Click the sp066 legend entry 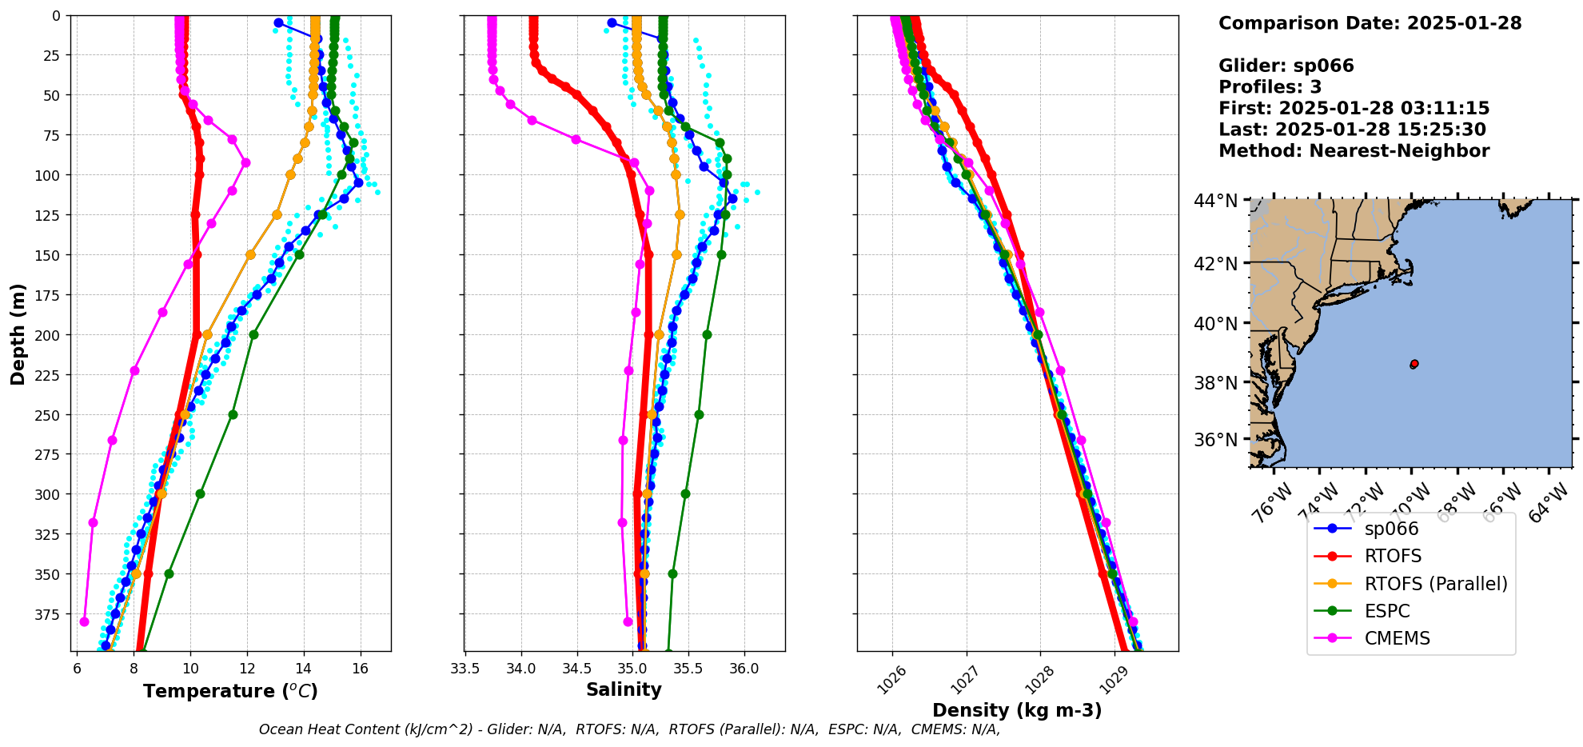[x=1391, y=529]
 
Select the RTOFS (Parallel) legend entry [x=1435, y=584]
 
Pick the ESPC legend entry [x=1387, y=611]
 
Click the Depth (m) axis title [x=18, y=334]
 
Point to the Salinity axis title [x=624, y=689]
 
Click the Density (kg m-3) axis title [x=1017, y=710]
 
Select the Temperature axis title [x=230, y=691]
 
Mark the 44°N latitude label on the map [x=1215, y=201]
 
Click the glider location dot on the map [x=1414, y=364]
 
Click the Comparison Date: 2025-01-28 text [x=1370, y=23]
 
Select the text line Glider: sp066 [x=1286, y=66]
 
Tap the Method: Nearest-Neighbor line [x=1354, y=151]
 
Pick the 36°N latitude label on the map [x=1215, y=440]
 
